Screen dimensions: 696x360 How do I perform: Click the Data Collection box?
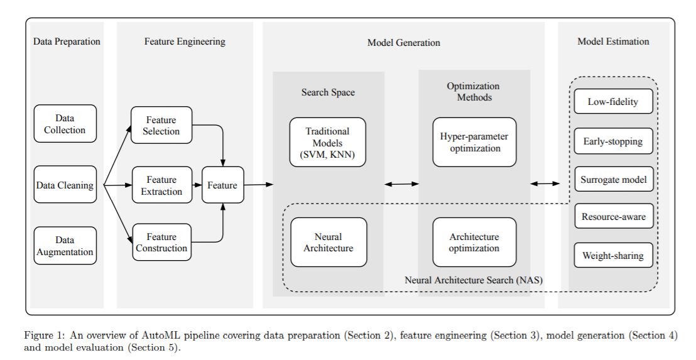coord(65,124)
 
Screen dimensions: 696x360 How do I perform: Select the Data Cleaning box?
coord(65,185)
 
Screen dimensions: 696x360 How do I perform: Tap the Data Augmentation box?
coord(65,246)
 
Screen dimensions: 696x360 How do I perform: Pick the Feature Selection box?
coord(161,125)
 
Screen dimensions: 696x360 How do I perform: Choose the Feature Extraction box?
coord(162,185)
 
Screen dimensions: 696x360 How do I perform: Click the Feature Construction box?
coord(162,243)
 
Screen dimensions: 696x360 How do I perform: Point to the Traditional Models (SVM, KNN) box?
coord(327,143)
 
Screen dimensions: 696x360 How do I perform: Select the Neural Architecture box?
coord(329,242)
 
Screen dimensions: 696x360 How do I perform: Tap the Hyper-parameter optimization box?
coord(474,143)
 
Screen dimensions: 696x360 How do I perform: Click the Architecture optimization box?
coord(474,242)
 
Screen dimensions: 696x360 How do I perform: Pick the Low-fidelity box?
coord(614,102)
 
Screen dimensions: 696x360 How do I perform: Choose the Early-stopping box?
coord(614,141)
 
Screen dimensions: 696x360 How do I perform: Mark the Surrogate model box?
coord(614,179)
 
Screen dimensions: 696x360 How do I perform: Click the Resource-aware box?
coord(614,217)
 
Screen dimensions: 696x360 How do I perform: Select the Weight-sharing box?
coord(614,255)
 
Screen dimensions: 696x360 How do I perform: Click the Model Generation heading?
coord(404,43)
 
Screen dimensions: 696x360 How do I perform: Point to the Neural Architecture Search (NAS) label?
coord(474,280)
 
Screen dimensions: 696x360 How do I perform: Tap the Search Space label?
coord(328,92)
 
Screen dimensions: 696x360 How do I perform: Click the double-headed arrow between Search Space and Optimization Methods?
coord(402,184)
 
